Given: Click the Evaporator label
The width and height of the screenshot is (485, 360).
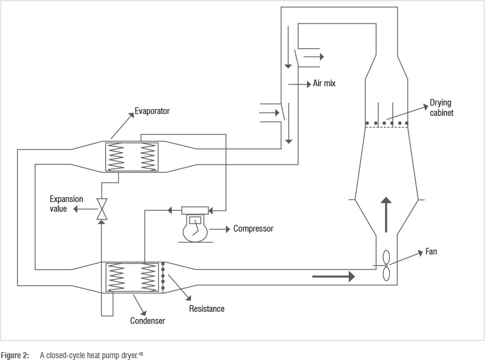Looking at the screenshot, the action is click(152, 111).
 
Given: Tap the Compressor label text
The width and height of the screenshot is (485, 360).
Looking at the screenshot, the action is click(253, 229).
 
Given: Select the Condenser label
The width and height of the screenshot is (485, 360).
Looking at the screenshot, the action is click(148, 321).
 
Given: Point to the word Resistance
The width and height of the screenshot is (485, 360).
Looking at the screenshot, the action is click(207, 309).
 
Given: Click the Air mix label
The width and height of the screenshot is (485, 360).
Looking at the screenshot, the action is click(324, 83).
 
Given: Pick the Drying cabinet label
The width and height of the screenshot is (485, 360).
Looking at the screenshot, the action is click(442, 107).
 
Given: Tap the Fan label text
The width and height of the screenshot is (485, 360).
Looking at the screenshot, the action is click(431, 251).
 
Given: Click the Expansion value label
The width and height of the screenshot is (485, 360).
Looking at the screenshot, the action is click(66, 204).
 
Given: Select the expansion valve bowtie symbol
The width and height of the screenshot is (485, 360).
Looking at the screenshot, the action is click(102, 209).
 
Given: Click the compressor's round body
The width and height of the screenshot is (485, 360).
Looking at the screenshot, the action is click(195, 229).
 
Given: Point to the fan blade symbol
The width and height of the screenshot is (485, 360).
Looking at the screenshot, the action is click(386, 265).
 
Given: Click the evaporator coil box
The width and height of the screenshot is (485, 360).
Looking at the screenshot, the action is click(132, 157).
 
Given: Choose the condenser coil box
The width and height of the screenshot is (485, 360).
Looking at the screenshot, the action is click(132, 277).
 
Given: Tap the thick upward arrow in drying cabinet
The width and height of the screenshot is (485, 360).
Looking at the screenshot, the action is click(386, 215).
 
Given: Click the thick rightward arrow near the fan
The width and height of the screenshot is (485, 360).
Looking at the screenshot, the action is click(333, 276).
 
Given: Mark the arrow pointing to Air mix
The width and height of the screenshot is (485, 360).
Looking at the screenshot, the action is click(299, 84).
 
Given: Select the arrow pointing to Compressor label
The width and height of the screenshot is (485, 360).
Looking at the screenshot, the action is click(220, 229).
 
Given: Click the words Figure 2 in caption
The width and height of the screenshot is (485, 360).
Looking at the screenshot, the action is click(15, 355).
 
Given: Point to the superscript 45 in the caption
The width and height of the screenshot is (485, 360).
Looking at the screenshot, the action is click(141, 353).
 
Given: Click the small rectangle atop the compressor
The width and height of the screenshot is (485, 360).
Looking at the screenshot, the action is click(195, 210).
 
